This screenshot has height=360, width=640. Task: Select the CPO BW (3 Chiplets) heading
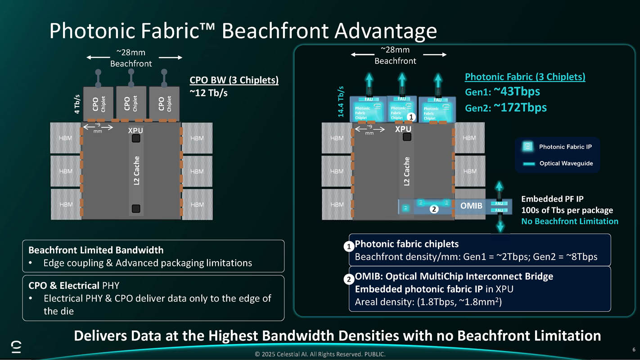(x=234, y=80)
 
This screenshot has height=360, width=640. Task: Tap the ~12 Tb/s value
(x=208, y=93)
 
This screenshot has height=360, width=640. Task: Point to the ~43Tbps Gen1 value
(x=517, y=92)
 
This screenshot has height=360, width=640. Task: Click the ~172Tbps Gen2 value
(x=520, y=108)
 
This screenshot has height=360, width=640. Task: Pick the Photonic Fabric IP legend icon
(x=527, y=147)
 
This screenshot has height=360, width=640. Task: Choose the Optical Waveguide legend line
(x=528, y=164)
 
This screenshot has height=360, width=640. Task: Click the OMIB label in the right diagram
(x=471, y=206)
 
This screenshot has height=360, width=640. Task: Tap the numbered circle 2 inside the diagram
(x=433, y=209)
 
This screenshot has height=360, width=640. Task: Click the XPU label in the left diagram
(x=135, y=130)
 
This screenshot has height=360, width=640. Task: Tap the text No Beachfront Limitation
(x=569, y=221)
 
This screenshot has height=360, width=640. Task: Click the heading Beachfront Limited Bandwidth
(x=96, y=250)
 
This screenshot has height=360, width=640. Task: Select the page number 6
(x=634, y=350)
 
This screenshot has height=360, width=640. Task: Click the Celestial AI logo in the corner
(x=16, y=347)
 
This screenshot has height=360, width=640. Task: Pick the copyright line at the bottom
(x=320, y=354)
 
